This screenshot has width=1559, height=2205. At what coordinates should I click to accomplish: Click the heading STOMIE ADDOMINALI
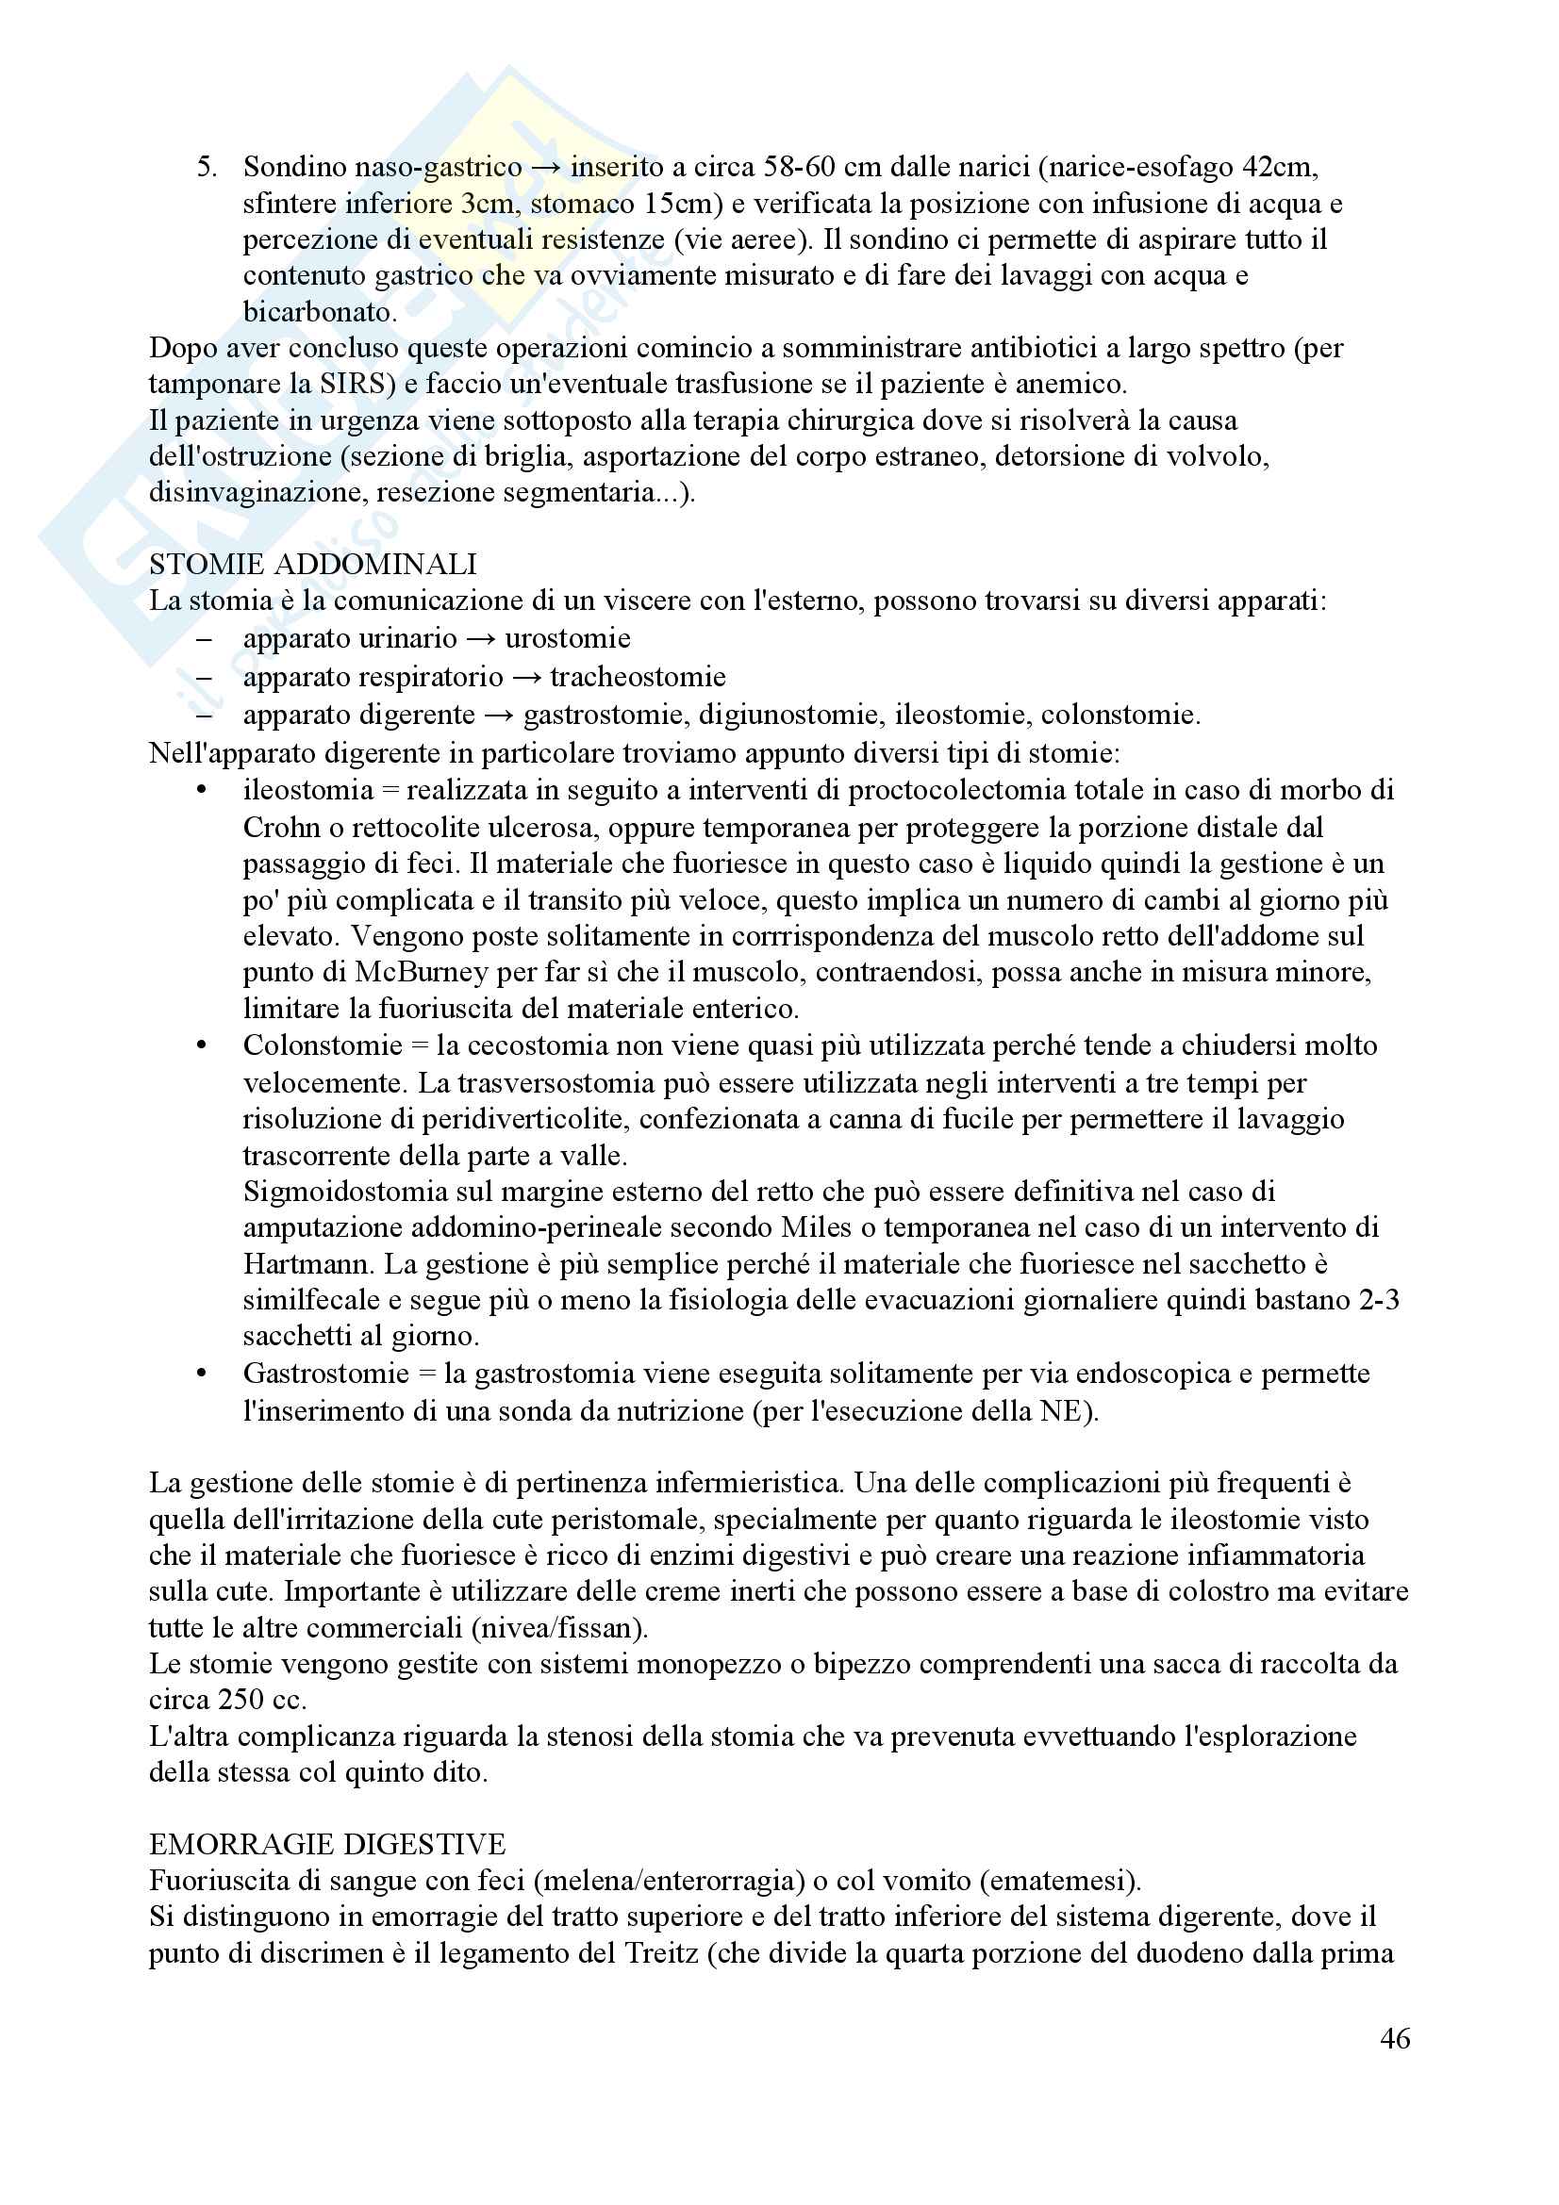[x=313, y=564]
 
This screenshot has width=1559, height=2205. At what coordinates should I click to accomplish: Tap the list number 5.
[x=207, y=167]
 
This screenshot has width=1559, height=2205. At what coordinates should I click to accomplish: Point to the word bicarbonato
[x=319, y=312]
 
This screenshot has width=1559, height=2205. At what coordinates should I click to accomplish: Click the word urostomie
[x=568, y=638]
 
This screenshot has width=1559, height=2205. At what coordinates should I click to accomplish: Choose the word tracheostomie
[x=638, y=677]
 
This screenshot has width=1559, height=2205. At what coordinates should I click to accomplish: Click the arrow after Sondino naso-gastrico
[x=545, y=167]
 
